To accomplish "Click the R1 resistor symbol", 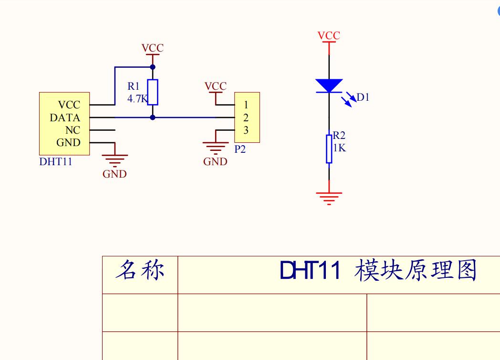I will [153, 92].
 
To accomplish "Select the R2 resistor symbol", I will [329, 149].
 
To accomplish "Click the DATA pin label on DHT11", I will [65, 117].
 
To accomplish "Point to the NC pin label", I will [73, 130].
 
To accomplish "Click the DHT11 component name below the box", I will [56, 161].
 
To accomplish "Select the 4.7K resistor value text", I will [137, 99].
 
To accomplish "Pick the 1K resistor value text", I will [339, 148].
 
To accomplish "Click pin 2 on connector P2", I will [246, 117].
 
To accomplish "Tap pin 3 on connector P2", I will [246, 130].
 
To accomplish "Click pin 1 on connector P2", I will [246, 105].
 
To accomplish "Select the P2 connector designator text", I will [240, 149].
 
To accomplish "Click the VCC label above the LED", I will [329, 36].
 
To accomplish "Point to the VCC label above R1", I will [152, 48].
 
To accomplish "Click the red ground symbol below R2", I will [329, 197].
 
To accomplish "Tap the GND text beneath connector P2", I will [215, 162].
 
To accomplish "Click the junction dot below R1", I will [153, 117].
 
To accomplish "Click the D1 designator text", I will [363, 97].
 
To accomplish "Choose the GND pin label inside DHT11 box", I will [69, 142].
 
